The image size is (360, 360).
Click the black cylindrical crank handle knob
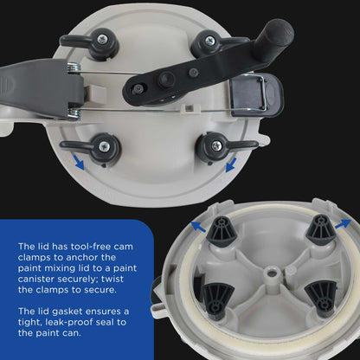[x=273, y=36]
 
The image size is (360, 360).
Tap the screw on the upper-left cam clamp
[x=102, y=39]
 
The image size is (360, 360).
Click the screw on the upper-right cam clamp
[x=209, y=40]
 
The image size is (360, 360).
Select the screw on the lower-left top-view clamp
[x=105, y=147]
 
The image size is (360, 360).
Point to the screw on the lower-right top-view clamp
[x=216, y=145]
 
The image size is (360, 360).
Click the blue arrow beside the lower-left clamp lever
[x=79, y=162]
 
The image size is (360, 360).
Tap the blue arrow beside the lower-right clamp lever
[x=231, y=164]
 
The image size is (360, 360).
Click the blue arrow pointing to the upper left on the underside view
[x=198, y=227]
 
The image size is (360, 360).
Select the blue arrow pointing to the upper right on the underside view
[x=343, y=224]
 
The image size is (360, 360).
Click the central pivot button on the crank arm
[x=167, y=79]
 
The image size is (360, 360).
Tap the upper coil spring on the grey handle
[x=74, y=68]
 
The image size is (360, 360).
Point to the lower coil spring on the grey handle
[x=74, y=113]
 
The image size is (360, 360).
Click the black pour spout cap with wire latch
[x=256, y=94]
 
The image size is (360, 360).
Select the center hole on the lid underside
[x=270, y=273]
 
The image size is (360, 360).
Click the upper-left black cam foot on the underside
[x=222, y=229]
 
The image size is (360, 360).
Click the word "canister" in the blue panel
[x=36, y=279]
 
